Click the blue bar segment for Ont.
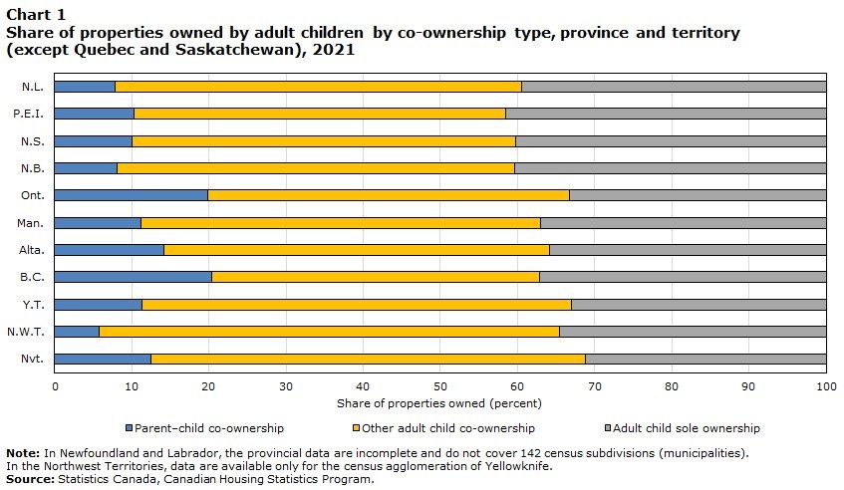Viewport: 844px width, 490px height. [132, 195]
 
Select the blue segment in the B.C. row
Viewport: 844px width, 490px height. [134, 277]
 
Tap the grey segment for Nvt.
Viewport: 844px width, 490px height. [705, 359]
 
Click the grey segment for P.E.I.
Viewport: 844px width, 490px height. [666, 114]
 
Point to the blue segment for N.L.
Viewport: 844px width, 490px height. [85, 87]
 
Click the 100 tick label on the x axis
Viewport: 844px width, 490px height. [825, 385]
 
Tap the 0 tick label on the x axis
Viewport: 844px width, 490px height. [55, 385]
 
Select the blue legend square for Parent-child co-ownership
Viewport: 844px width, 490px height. [129, 428]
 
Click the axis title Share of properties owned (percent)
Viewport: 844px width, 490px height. [439, 403]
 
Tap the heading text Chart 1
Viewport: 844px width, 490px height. [29, 14]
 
